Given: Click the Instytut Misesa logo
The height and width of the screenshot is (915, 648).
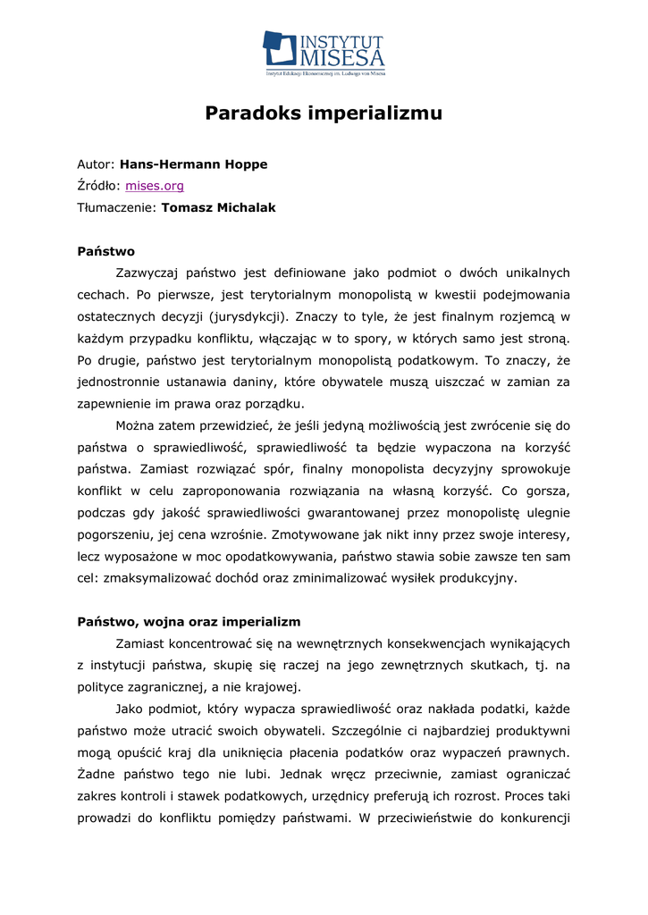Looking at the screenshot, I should point(324,52).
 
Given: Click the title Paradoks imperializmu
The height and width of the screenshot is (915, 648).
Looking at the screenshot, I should point(324,113).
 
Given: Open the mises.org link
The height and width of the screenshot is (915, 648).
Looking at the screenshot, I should point(155,186).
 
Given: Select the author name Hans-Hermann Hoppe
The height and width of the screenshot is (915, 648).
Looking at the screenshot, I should point(194,164).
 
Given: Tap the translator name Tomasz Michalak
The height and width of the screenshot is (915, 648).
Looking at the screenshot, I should point(218,207).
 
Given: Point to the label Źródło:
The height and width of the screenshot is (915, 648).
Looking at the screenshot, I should point(98,186).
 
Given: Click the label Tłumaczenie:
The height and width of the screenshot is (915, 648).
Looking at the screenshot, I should point(116,207).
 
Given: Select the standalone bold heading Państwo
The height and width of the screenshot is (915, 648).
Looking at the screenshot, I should point(105,251).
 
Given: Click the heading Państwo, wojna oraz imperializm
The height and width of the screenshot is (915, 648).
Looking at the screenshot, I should point(189,621).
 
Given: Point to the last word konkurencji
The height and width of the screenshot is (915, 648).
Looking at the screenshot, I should point(535,818).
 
